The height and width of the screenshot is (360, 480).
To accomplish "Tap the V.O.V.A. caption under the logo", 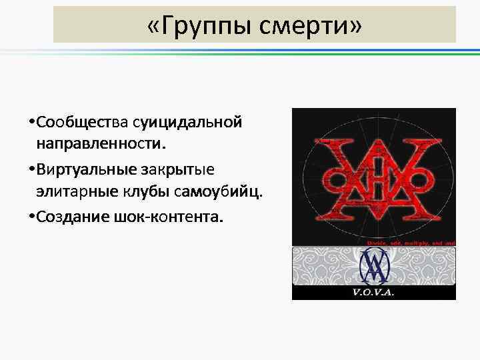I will tap(373, 293).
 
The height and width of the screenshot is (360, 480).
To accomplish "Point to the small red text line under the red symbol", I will tap(411, 243).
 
